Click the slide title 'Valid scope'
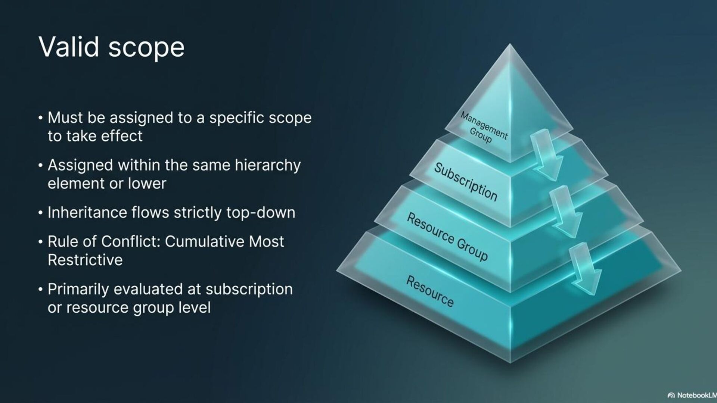click(111, 47)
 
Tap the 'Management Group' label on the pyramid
click(483, 128)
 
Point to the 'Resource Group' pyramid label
click(447, 237)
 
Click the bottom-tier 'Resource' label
click(430, 291)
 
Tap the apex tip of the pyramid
click(510, 46)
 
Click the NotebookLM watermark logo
click(671, 395)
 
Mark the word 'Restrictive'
click(85, 260)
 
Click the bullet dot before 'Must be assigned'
click(40, 118)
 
